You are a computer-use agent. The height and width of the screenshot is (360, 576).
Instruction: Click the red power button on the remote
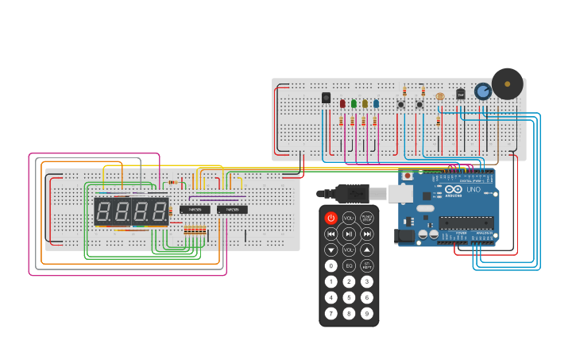[x=331, y=218]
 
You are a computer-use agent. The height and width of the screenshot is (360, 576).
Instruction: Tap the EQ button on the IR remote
[x=349, y=265]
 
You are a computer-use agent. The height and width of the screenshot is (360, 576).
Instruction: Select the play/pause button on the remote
[x=349, y=234]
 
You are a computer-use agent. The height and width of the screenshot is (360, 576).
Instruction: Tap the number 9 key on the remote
[x=367, y=313]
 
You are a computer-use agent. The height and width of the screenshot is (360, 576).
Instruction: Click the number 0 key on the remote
[x=331, y=265]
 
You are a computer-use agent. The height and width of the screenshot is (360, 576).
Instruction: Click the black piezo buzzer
[x=507, y=83]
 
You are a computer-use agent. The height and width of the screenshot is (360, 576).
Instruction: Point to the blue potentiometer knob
[x=482, y=91]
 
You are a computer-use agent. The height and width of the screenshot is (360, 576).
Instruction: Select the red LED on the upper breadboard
[x=342, y=103]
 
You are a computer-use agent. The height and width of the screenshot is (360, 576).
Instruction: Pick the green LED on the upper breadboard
[x=354, y=103]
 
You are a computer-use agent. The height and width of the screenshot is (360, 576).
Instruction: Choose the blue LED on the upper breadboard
[x=376, y=103]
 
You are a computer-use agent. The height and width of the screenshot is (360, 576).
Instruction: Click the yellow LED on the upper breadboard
[x=365, y=103]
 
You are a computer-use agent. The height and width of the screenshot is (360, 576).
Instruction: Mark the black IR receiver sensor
[x=326, y=98]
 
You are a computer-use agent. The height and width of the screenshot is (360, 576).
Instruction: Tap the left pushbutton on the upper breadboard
[x=401, y=104]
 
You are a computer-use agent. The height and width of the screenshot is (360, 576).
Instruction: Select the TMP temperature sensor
[x=460, y=94]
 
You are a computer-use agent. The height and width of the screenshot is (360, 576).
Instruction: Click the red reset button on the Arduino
[x=408, y=176]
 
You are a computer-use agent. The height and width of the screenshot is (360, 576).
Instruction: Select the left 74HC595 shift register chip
[x=195, y=210]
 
